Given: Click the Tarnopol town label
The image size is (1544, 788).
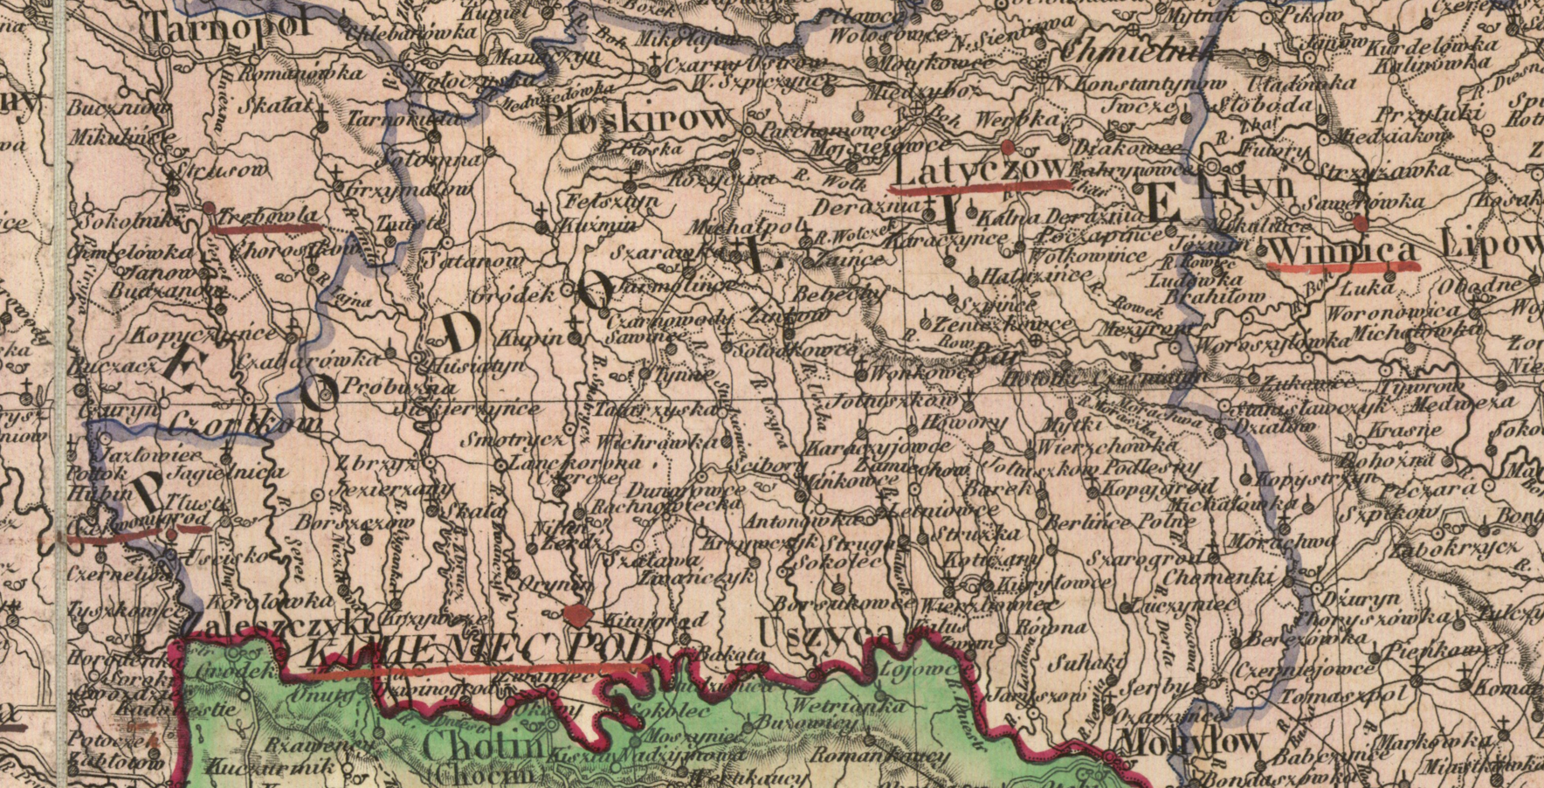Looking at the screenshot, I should coord(230,24).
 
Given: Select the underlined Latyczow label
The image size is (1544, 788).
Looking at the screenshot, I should coord(980,169).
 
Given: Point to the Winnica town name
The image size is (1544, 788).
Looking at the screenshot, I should coord(1341,250).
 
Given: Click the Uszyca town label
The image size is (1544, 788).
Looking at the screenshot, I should coord(824,630).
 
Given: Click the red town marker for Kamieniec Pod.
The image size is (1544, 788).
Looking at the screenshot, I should coord(576,616).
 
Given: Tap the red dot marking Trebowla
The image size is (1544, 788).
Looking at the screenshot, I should coord(209,208).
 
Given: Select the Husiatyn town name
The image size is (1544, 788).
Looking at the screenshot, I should coord(467,364).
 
